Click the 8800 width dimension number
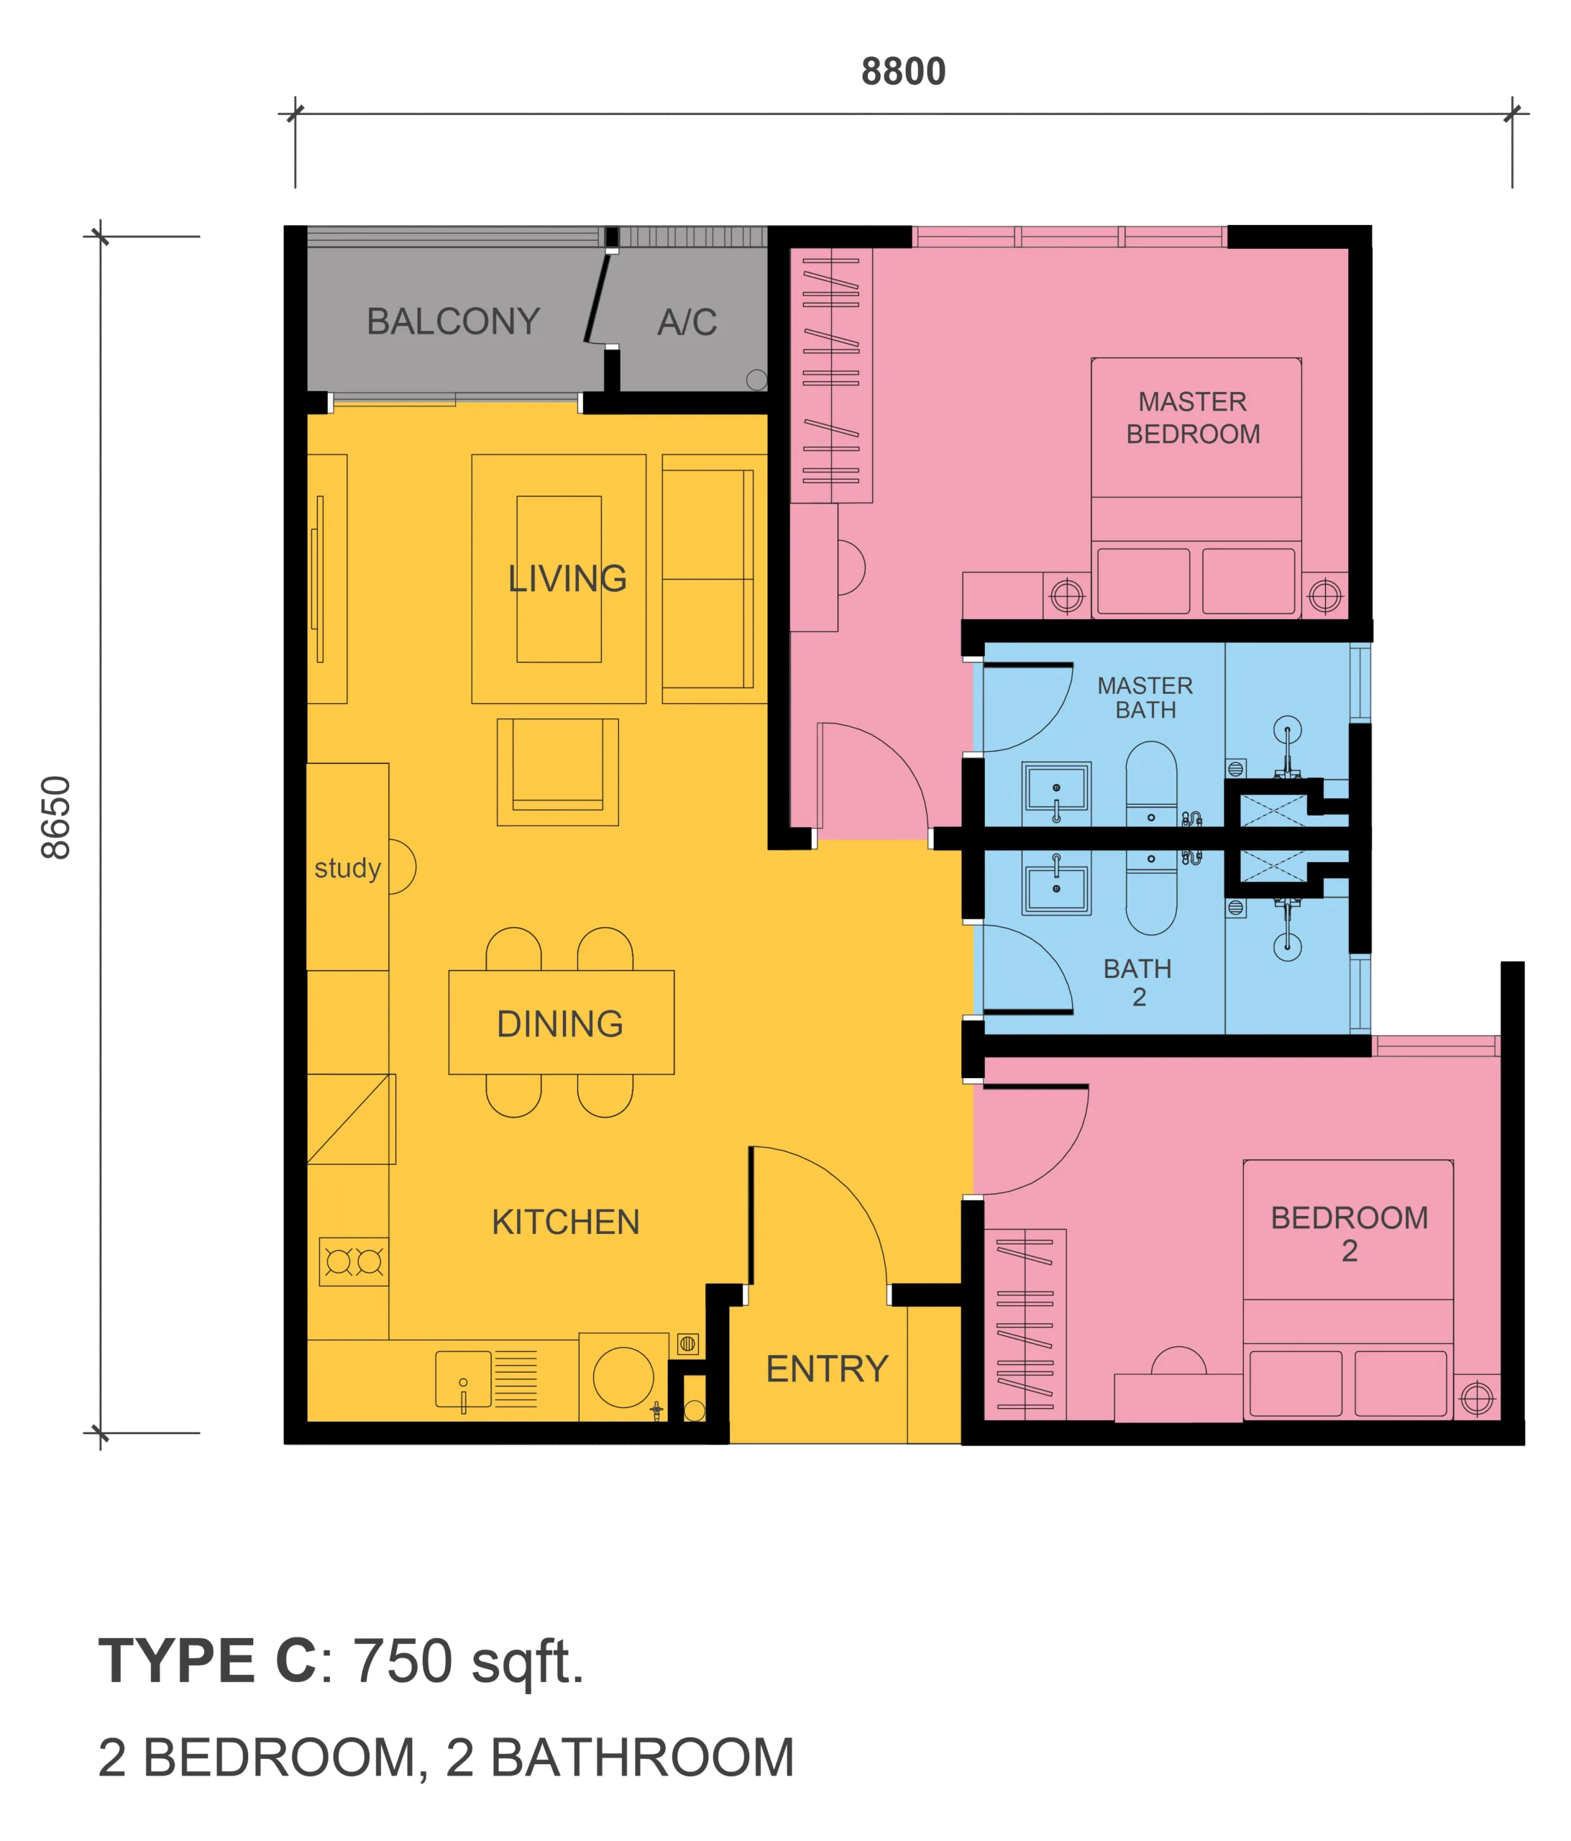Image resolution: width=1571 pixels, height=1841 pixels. pos(903,72)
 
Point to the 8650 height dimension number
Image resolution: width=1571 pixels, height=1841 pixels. pos(56,818)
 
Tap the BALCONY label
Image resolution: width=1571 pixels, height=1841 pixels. pos(453,321)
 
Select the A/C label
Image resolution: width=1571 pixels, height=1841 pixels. pos(687,321)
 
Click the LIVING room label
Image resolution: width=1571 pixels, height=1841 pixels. pos(567,578)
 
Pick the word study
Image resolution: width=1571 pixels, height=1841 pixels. pos(347,868)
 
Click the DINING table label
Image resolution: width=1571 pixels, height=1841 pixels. pos(560,1023)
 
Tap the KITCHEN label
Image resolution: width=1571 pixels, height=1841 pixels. pos(565,1222)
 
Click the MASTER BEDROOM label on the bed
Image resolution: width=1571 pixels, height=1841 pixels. pos(1193,418)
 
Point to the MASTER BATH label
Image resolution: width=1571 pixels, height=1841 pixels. pos(1145,698)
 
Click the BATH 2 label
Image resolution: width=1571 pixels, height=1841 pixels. pos(1137,982)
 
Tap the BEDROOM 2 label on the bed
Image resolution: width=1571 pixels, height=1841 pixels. pos(1349,1233)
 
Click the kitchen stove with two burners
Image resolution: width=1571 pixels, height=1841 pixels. pos(354,1261)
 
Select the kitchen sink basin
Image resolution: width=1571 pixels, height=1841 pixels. pos(463,1378)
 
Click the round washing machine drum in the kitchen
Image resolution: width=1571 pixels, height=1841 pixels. pos(623,1376)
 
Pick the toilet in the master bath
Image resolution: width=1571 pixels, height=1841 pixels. pos(1150,782)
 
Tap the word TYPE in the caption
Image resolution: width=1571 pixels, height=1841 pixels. pos(177,1660)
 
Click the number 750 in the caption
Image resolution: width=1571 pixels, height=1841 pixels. pos(403,1660)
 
